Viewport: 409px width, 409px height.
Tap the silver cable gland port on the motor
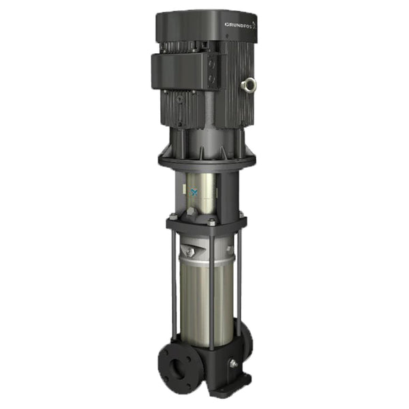tap(250, 85)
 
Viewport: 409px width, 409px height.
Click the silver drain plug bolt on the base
tap(234, 364)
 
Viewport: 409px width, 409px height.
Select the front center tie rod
tap(211, 286)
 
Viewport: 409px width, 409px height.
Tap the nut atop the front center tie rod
tap(211, 222)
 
